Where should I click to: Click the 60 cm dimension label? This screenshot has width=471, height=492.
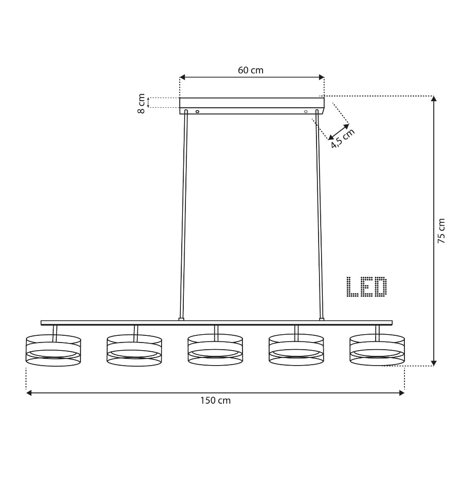click(250, 70)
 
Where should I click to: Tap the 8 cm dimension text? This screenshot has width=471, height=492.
click(142, 103)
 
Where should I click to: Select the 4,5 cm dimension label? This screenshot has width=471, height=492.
click(343, 139)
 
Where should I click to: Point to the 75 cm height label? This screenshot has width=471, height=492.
click(441, 230)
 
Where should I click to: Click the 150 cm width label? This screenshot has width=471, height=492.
click(215, 401)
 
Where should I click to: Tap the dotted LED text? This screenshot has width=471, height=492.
click(366, 287)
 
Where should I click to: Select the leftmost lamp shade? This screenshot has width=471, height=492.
click(53, 351)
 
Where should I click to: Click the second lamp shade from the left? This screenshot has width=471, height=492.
click(134, 351)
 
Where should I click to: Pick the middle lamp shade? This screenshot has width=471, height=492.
click(215, 350)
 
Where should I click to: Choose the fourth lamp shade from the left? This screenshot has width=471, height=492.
click(296, 350)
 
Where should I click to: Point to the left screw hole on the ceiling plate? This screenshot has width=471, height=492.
click(198, 112)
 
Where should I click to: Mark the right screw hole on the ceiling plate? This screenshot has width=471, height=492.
click(306, 112)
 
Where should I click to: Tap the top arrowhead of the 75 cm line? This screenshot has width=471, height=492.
click(434, 99)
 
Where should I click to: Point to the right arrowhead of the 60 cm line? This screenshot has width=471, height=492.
click(322, 77)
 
